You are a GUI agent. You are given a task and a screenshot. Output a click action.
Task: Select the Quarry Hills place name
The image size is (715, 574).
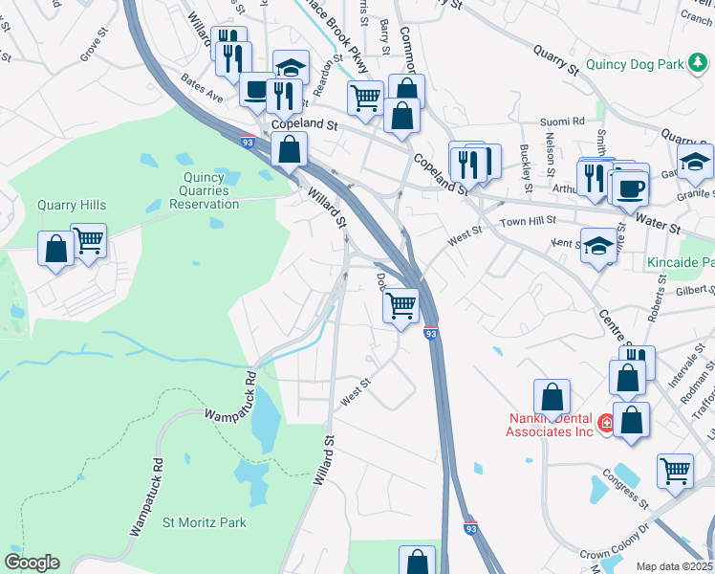tap(72, 205)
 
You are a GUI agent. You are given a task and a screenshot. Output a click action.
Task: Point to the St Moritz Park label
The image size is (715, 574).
tap(205, 522)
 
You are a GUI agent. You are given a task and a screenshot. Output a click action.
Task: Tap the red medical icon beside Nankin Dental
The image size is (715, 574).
tap(605, 422)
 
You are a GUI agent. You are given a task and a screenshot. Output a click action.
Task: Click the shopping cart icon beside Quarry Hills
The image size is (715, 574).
tap(88, 240)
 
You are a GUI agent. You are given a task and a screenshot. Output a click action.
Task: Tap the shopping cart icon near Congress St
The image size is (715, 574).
tap(675, 471)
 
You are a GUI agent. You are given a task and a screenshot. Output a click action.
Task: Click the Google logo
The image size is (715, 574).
tap(32, 563)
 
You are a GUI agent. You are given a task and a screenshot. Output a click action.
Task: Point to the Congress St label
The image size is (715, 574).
tap(625, 490)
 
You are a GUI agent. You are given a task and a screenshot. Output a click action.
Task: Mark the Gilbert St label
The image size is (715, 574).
tap(695, 290)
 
